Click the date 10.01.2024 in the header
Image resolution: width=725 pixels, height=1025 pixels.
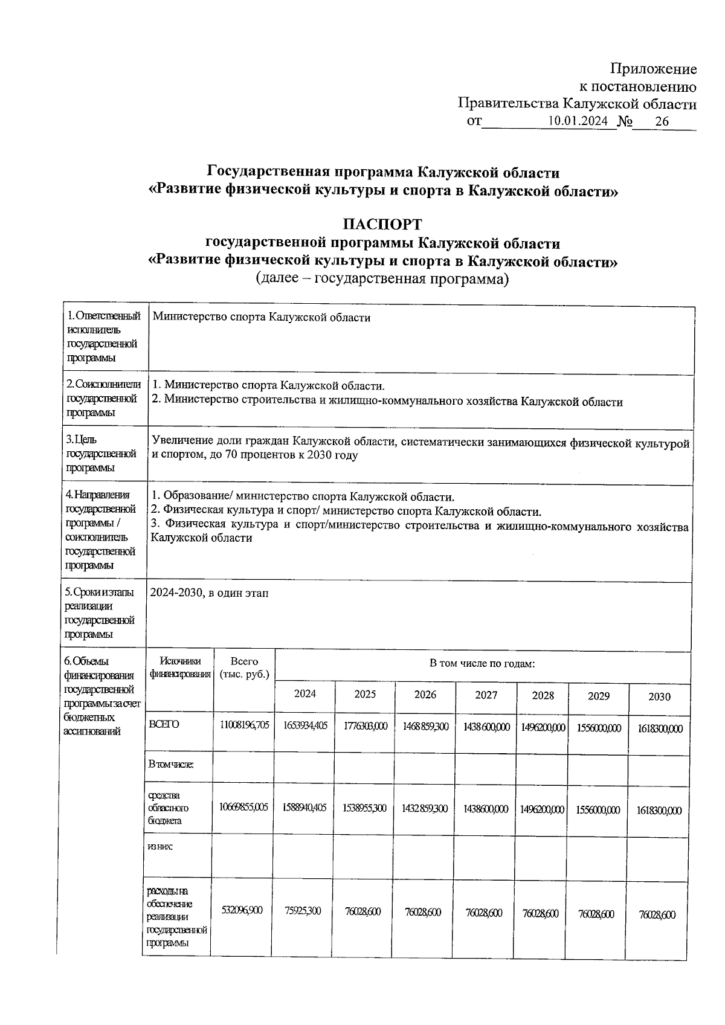[578, 121]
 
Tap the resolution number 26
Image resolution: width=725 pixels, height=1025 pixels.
[662, 121]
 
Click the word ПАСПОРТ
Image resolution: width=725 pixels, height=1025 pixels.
[382, 225]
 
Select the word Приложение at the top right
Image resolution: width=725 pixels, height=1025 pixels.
[653, 69]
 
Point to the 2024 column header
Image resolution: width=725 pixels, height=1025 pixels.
[304, 693]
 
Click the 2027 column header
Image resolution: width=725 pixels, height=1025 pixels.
[486, 695]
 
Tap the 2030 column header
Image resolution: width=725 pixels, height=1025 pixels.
[659, 696]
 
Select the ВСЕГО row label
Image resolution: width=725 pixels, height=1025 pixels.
[164, 724]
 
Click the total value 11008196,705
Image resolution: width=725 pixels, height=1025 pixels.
[244, 725]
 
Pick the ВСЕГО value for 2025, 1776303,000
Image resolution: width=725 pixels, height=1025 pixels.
[365, 726]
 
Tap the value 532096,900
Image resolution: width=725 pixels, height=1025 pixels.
[242, 910]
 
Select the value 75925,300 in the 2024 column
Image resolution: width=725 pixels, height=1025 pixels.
[303, 911]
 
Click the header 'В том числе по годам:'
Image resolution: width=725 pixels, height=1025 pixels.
[482, 664]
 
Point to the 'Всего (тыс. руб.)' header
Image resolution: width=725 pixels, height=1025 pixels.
[244, 667]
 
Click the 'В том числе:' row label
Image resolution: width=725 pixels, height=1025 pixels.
[171, 764]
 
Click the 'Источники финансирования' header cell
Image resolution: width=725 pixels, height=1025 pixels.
[180, 667]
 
